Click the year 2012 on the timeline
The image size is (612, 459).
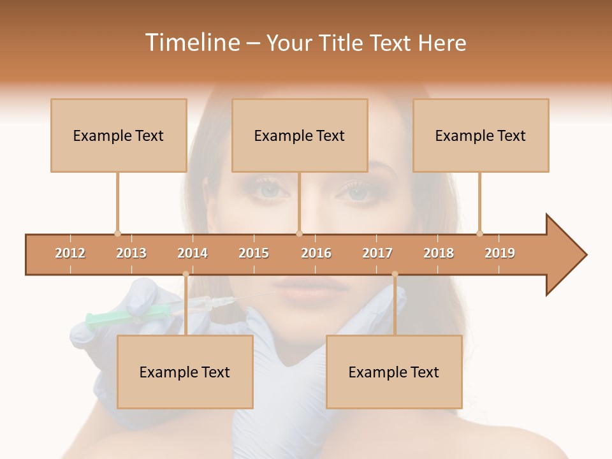(x=70, y=253)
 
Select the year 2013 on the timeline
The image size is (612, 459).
(x=131, y=253)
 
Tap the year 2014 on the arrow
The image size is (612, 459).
(x=193, y=253)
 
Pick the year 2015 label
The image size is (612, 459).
(x=254, y=253)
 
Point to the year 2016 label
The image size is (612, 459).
(x=316, y=253)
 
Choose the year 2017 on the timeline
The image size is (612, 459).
(x=377, y=253)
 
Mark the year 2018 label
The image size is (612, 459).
(x=439, y=253)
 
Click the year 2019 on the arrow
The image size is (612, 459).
(x=500, y=253)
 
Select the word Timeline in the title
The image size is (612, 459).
(x=192, y=43)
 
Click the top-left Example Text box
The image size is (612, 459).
(x=119, y=135)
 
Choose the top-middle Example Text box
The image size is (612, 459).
(x=300, y=135)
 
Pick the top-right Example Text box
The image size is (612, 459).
(x=481, y=135)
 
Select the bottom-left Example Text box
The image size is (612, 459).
(x=185, y=372)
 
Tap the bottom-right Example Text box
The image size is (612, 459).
(x=394, y=372)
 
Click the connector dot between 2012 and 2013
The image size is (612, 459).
(x=117, y=233)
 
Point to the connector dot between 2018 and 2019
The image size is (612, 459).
(x=479, y=233)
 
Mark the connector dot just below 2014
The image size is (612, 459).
(x=186, y=274)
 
